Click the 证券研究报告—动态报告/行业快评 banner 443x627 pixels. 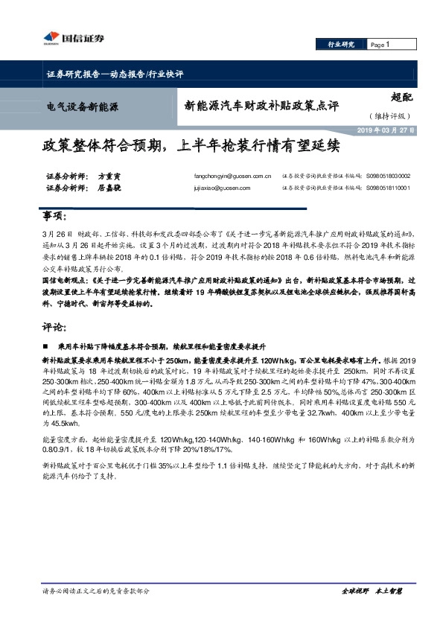click(x=109, y=74)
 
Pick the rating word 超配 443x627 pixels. click(x=403, y=96)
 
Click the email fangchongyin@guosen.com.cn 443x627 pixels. click(x=232, y=176)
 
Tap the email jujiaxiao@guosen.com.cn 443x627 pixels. click(x=223, y=188)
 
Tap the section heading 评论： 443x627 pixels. click(x=54, y=326)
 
